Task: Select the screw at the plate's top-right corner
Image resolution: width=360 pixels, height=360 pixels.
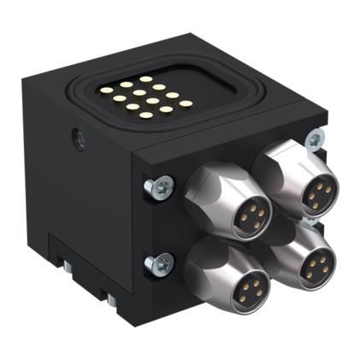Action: point(316,137)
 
